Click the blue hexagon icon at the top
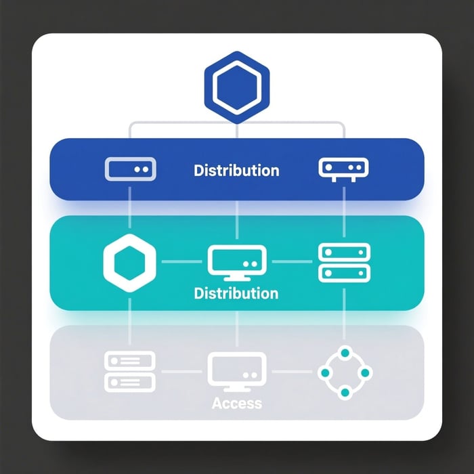(x=236, y=88)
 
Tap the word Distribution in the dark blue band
(x=236, y=169)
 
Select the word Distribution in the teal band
(x=236, y=294)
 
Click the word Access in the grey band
(x=236, y=404)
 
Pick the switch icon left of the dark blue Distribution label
(x=131, y=169)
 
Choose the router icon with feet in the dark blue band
(x=344, y=169)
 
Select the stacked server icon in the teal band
(x=344, y=262)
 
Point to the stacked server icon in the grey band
(x=130, y=370)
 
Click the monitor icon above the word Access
(x=236, y=371)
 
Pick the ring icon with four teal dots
(x=344, y=372)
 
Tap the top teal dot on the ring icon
(x=344, y=353)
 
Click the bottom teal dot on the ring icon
(x=344, y=393)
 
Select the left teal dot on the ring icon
(x=324, y=372)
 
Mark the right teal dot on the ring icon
(x=364, y=372)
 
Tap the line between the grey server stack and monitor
(x=181, y=371)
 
